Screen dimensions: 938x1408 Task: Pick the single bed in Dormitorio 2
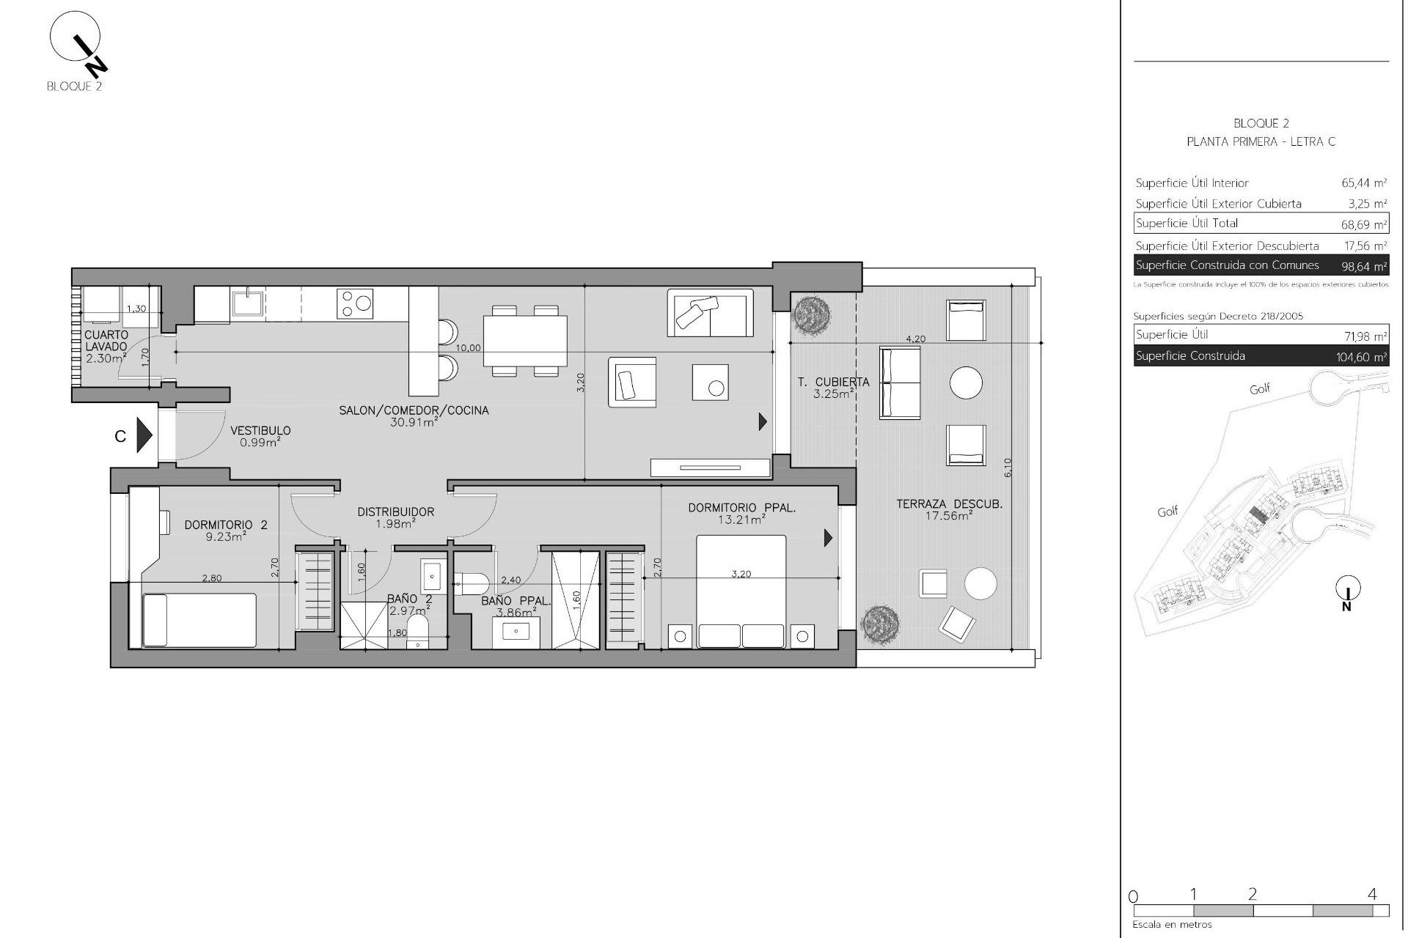(x=199, y=620)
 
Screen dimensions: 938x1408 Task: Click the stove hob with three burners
(x=355, y=303)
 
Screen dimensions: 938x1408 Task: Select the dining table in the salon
(x=525, y=341)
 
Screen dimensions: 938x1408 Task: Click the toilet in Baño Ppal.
(x=471, y=583)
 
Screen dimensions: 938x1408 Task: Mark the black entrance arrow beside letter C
(x=144, y=436)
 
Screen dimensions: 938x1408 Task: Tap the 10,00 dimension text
(x=468, y=347)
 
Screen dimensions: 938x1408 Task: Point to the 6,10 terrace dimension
(x=1007, y=468)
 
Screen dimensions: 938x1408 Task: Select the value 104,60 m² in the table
(x=1361, y=358)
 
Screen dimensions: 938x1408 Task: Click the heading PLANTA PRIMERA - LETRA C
(x=1261, y=142)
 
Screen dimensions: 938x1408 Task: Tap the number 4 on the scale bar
(x=1372, y=894)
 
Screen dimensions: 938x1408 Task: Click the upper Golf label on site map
(x=1260, y=389)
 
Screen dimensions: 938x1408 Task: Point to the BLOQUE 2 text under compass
(x=74, y=86)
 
